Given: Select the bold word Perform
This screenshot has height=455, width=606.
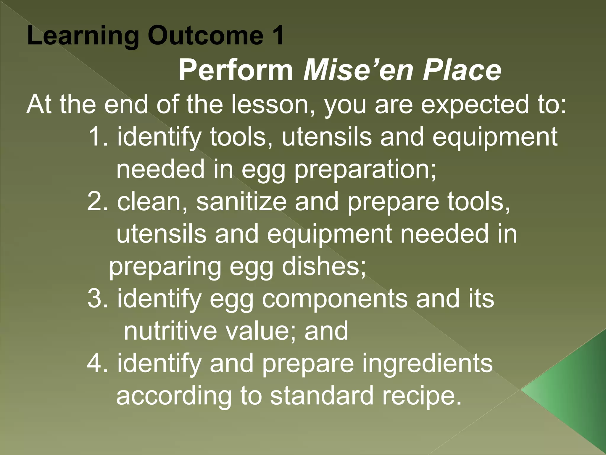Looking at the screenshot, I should pyautogui.click(x=236, y=71).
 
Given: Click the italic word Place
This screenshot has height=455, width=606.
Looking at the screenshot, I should pyautogui.click(x=462, y=71).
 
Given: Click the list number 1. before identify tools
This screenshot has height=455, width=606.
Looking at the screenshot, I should pyautogui.click(x=99, y=137).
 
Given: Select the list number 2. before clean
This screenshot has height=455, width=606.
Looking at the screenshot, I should pyautogui.click(x=99, y=201).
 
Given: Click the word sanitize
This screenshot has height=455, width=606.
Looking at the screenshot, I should pyautogui.click(x=241, y=201).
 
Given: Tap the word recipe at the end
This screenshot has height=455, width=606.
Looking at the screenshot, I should pyautogui.click(x=422, y=396).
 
